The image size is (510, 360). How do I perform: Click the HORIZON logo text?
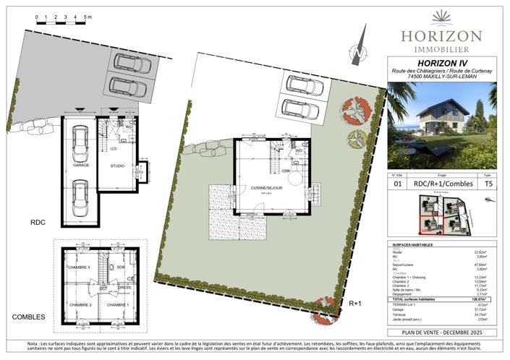coord(441,35)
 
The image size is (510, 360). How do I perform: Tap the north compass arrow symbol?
coord(356,52)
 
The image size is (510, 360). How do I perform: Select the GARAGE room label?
coord(80,166)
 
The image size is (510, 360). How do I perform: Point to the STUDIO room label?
coord(117,166)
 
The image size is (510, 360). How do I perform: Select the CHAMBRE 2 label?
coord(80,304)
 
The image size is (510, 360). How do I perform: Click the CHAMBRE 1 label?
coord(117,304)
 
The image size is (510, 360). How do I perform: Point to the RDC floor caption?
coord(38,223)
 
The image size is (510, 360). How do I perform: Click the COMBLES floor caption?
coord(28,317)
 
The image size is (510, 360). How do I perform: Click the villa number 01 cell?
coord(396,184)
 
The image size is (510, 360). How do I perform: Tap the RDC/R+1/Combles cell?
coord(441,184)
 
